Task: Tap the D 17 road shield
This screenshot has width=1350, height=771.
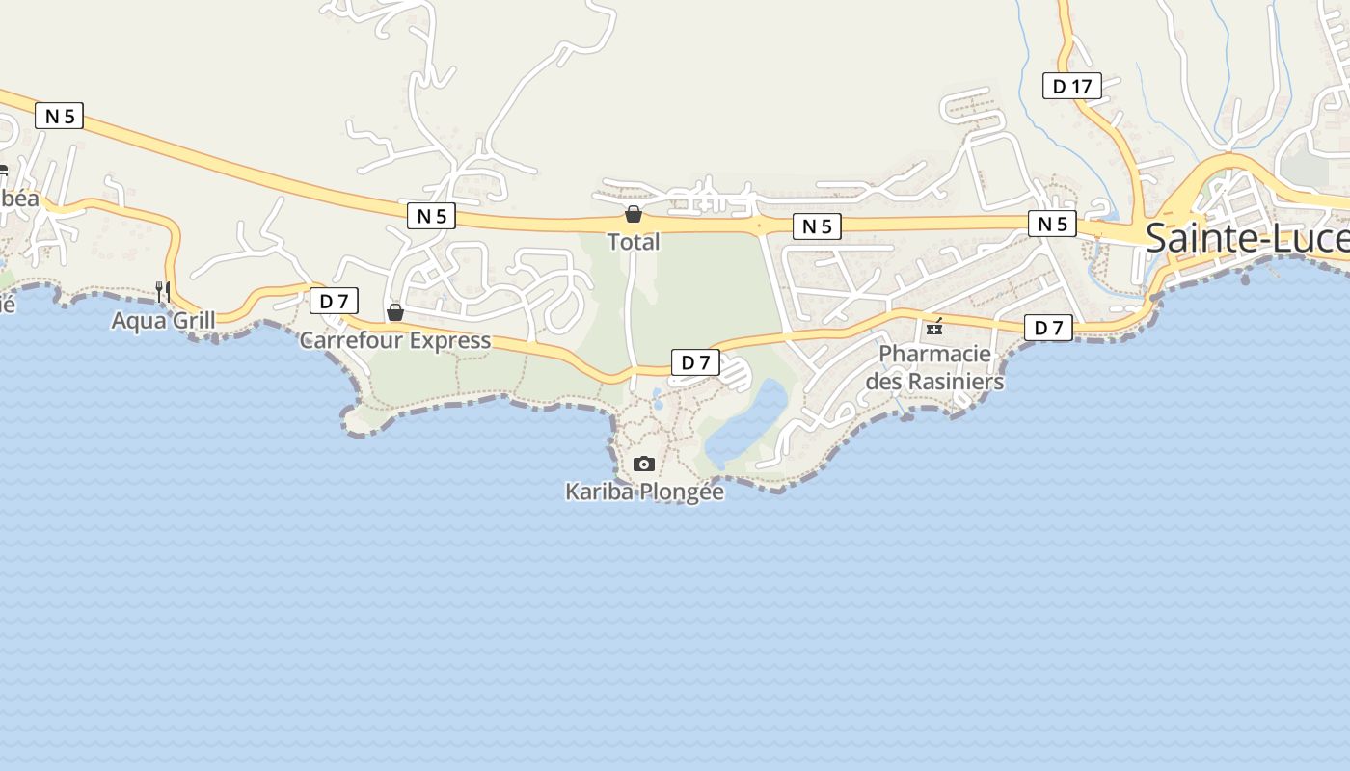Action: pyautogui.click(x=1071, y=87)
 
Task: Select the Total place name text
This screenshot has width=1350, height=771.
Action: pyautogui.click(x=634, y=242)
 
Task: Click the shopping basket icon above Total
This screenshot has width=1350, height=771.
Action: pyautogui.click(x=634, y=214)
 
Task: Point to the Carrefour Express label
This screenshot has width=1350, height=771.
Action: pyautogui.click(x=394, y=340)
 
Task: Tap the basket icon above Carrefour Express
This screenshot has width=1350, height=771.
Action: pyautogui.click(x=394, y=312)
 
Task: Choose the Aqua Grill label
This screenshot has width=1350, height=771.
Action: pyautogui.click(x=163, y=320)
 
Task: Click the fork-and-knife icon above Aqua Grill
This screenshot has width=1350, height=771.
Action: pyautogui.click(x=163, y=290)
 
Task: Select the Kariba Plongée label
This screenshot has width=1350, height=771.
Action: pyautogui.click(x=644, y=492)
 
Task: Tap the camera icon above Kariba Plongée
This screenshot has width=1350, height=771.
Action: pyautogui.click(x=644, y=465)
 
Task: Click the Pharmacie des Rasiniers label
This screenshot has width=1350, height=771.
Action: pyautogui.click(x=934, y=367)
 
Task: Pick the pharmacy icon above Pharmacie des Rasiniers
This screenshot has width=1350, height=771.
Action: pyautogui.click(x=933, y=328)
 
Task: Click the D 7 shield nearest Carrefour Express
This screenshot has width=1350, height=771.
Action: pyautogui.click(x=334, y=302)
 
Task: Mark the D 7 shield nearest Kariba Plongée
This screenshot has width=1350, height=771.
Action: pyautogui.click(x=695, y=362)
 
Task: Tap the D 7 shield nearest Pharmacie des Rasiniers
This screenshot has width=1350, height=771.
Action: pyautogui.click(x=1048, y=328)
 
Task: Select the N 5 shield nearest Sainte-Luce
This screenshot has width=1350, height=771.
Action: pyautogui.click(x=1052, y=224)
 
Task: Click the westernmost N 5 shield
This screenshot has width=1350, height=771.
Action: pyautogui.click(x=60, y=117)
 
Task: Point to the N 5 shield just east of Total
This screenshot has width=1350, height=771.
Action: pyautogui.click(x=817, y=226)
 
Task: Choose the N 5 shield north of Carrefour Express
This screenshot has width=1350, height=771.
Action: pyautogui.click(x=431, y=216)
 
